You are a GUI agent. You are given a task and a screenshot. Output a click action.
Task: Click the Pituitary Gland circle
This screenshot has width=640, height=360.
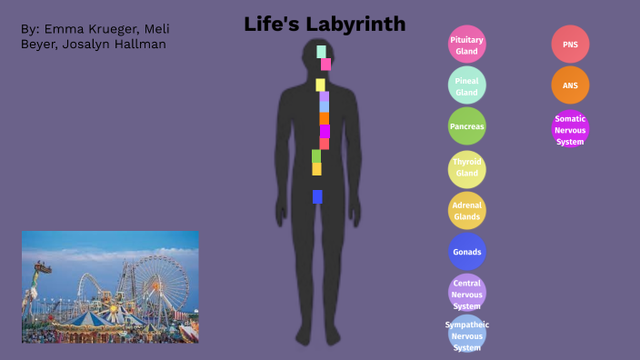click(x=467, y=45)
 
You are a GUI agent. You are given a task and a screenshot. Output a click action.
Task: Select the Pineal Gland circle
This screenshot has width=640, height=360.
click(x=467, y=86)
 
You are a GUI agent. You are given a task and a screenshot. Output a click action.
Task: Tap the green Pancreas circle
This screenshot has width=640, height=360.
click(x=467, y=126)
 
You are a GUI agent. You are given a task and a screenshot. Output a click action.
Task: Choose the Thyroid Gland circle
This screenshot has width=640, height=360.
click(x=467, y=168)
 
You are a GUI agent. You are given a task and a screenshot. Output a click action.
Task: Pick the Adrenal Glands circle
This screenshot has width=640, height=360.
click(x=467, y=210)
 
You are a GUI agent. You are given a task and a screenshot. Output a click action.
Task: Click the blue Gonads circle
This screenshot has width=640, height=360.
click(x=467, y=251)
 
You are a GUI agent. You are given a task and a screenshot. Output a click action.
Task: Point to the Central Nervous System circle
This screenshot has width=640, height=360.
click(x=467, y=294)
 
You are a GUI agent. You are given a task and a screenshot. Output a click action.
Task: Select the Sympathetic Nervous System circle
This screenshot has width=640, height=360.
click(x=467, y=335)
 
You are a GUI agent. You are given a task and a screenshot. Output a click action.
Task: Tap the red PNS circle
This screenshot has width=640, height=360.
click(x=570, y=45)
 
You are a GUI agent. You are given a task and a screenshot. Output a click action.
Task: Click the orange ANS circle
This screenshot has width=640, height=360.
click(x=570, y=85)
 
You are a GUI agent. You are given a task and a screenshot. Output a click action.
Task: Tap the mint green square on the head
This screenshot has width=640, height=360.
click(x=322, y=51)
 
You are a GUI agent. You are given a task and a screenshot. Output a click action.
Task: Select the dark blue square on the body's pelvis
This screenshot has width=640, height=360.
click(x=317, y=196)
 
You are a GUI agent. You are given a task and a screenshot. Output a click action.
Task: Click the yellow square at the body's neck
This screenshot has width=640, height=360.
click(x=320, y=85)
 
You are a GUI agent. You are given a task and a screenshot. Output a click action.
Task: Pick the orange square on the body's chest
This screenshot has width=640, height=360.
click(x=324, y=118)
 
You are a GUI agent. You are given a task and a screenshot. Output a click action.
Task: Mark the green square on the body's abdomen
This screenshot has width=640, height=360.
click(x=316, y=155)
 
